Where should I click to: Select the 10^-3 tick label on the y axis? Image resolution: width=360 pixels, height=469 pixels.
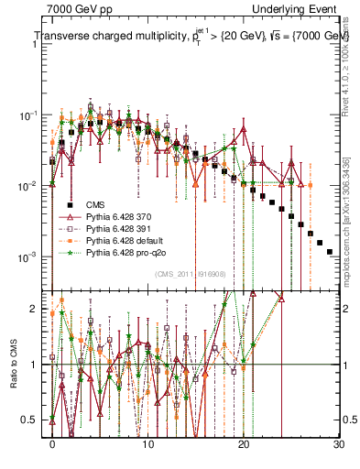[29, 256]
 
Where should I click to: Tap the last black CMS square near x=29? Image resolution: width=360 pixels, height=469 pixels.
[329, 250]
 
